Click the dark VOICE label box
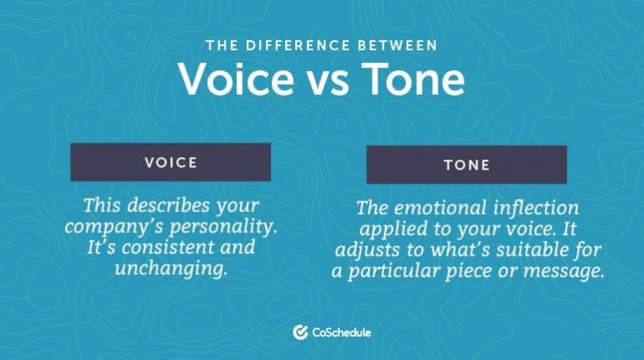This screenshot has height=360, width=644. point(170,162)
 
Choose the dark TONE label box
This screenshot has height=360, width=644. point(466,164)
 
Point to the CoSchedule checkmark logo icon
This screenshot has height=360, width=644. point(299,332)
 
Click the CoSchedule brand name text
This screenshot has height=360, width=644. point(341,332)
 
